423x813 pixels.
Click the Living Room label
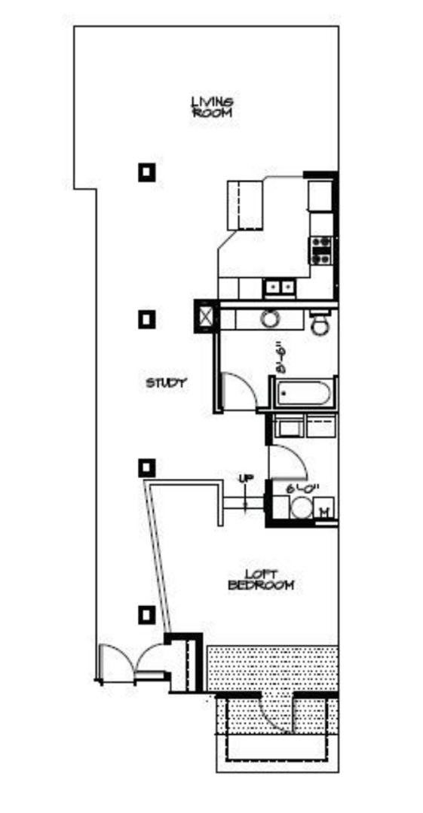click(x=212, y=107)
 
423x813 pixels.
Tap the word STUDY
click(x=166, y=383)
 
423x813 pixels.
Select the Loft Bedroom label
click(x=261, y=580)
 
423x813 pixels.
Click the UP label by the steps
click(x=245, y=479)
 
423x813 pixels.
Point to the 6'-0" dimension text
click(x=304, y=488)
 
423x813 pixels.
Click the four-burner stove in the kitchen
click(x=322, y=250)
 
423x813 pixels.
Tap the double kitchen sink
click(x=280, y=287)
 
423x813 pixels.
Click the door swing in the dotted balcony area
click(x=275, y=715)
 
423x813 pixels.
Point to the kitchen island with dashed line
click(x=246, y=204)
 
